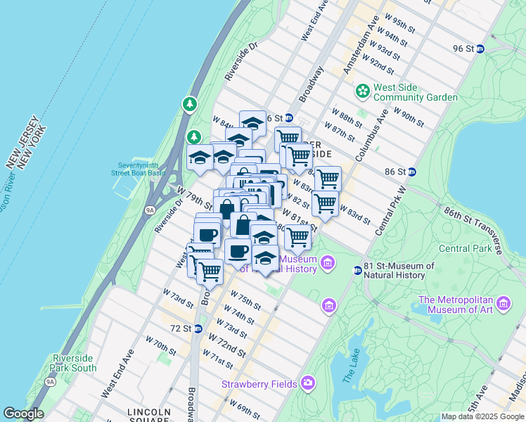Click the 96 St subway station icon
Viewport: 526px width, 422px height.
[x=480, y=49]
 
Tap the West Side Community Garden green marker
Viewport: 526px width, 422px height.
[x=363, y=90]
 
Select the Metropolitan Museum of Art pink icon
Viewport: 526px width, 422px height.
[x=503, y=303]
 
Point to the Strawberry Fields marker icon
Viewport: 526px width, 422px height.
[x=307, y=383]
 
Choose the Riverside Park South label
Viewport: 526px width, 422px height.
[x=74, y=363]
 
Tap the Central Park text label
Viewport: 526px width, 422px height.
[x=464, y=248]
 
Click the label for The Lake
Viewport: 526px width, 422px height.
[x=349, y=368]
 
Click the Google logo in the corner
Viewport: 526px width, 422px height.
[x=23, y=414]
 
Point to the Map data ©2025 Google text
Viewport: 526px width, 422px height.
[x=482, y=416]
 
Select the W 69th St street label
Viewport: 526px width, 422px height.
[x=244, y=407]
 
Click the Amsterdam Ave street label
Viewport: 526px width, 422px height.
[x=357, y=53]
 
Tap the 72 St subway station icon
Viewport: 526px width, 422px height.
[x=198, y=328]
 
